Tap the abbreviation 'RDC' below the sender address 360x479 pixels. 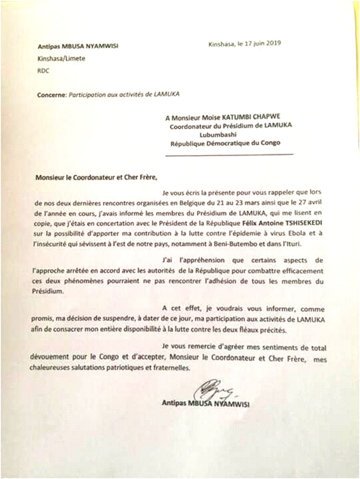43,71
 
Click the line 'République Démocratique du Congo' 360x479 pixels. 225,143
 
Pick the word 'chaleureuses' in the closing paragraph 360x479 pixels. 53,369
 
